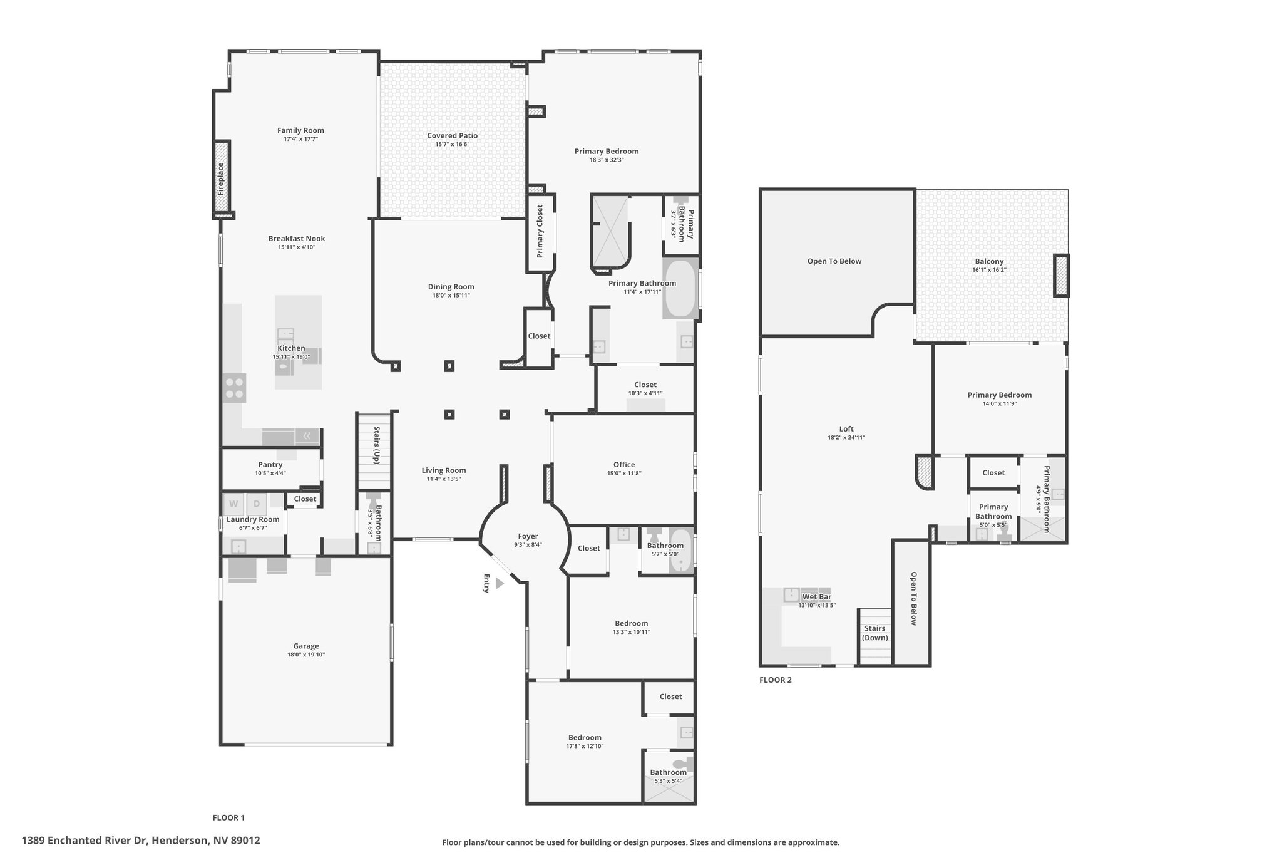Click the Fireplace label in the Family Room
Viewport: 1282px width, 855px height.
(x=220, y=179)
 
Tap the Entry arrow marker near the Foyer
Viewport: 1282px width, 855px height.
(x=500, y=583)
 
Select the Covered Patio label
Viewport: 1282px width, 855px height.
(x=452, y=135)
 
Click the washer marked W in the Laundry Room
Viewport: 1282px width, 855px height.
(x=234, y=503)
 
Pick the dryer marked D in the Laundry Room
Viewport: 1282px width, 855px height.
(x=257, y=503)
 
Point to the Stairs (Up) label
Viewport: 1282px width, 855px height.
(x=377, y=445)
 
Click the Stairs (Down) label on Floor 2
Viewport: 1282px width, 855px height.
(x=875, y=633)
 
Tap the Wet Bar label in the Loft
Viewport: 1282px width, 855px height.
(x=817, y=596)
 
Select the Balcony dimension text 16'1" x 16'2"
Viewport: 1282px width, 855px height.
(x=989, y=270)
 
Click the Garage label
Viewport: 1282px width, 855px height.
(x=306, y=646)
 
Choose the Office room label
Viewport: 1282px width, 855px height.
(x=624, y=464)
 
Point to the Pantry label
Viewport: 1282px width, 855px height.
(x=270, y=464)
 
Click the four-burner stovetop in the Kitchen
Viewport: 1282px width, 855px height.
(x=235, y=388)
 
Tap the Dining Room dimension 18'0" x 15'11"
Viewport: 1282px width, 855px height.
(x=451, y=295)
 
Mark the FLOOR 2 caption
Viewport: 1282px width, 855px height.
(x=776, y=680)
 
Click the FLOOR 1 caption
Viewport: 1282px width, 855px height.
(x=228, y=817)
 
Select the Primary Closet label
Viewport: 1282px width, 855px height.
(x=540, y=231)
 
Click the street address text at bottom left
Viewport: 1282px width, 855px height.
(x=141, y=841)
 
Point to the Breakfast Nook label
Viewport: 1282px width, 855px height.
(x=297, y=238)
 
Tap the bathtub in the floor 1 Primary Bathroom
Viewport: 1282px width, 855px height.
(x=680, y=289)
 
